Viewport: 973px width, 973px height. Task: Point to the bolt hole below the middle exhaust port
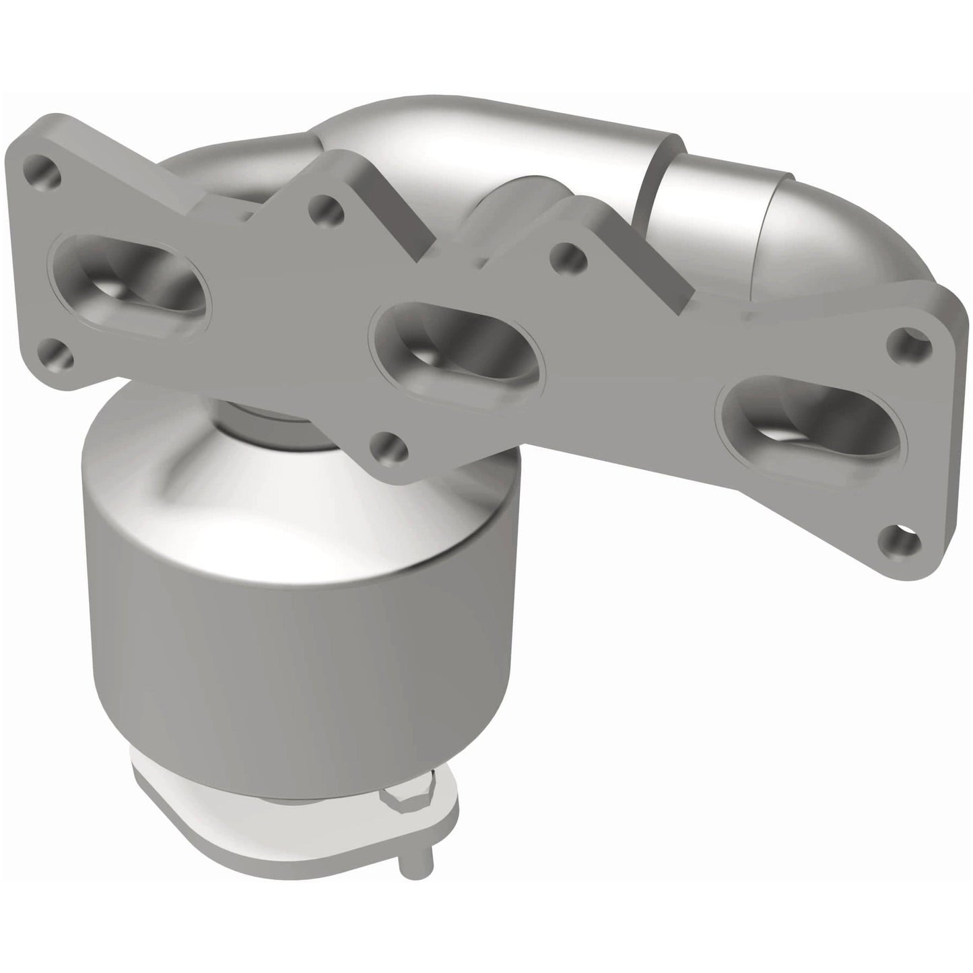tap(389, 446)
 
